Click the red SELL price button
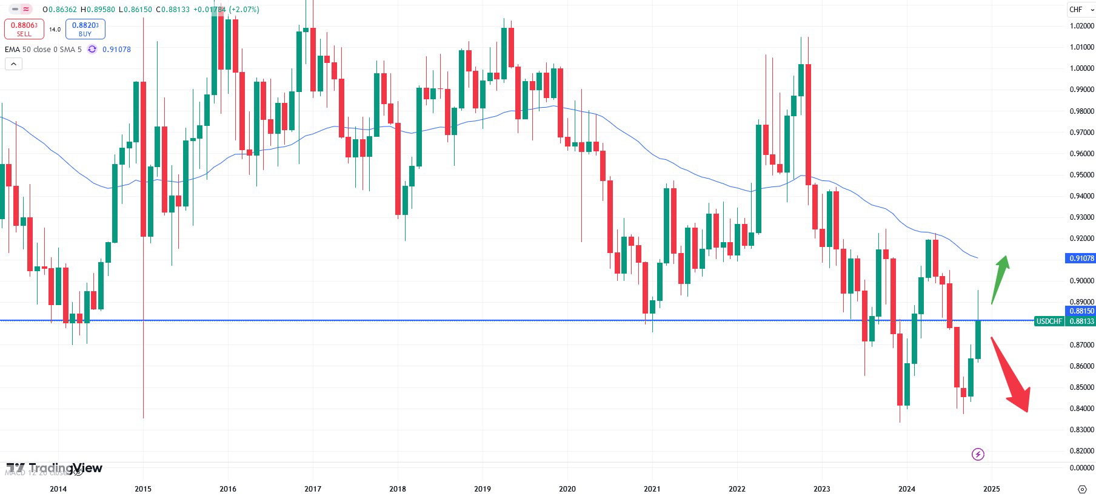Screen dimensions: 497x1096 pyautogui.click(x=24, y=28)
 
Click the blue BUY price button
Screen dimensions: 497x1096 pyautogui.click(x=85, y=28)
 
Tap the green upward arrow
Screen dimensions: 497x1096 pyautogui.click(x=1000, y=278)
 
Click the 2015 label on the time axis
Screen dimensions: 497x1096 pyautogui.click(x=143, y=489)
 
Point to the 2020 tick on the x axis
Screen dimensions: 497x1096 pyautogui.click(x=567, y=489)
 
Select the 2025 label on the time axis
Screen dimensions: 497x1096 pyautogui.click(x=992, y=489)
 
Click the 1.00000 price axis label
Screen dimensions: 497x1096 pyautogui.click(x=1081, y=68)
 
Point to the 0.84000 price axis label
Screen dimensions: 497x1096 pyautogui.click(x=1081, y=409)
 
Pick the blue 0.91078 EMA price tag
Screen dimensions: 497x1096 pyautogui.click(x=1080, y=258)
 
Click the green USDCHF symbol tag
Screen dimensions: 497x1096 pyautogui.click(x=1049, y=321)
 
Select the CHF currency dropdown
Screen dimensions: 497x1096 pyautogui.click(x=1081, y=10)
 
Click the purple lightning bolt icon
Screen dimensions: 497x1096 pyautogui.click(x=978, y=454)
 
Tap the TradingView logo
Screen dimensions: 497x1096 pyautogui.click(x=55, y=468)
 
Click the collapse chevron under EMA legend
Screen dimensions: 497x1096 pyautogui.click(x=13, y=64)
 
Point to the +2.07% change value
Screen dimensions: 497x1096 pyautogui.click(x=244, y=10)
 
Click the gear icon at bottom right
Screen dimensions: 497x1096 pyautogui.click(x=1082, y=489)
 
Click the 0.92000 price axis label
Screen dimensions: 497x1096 pyautogui.click(x=1081, y=239)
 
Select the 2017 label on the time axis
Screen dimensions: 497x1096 pyautogui.click(x=313, y=489)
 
